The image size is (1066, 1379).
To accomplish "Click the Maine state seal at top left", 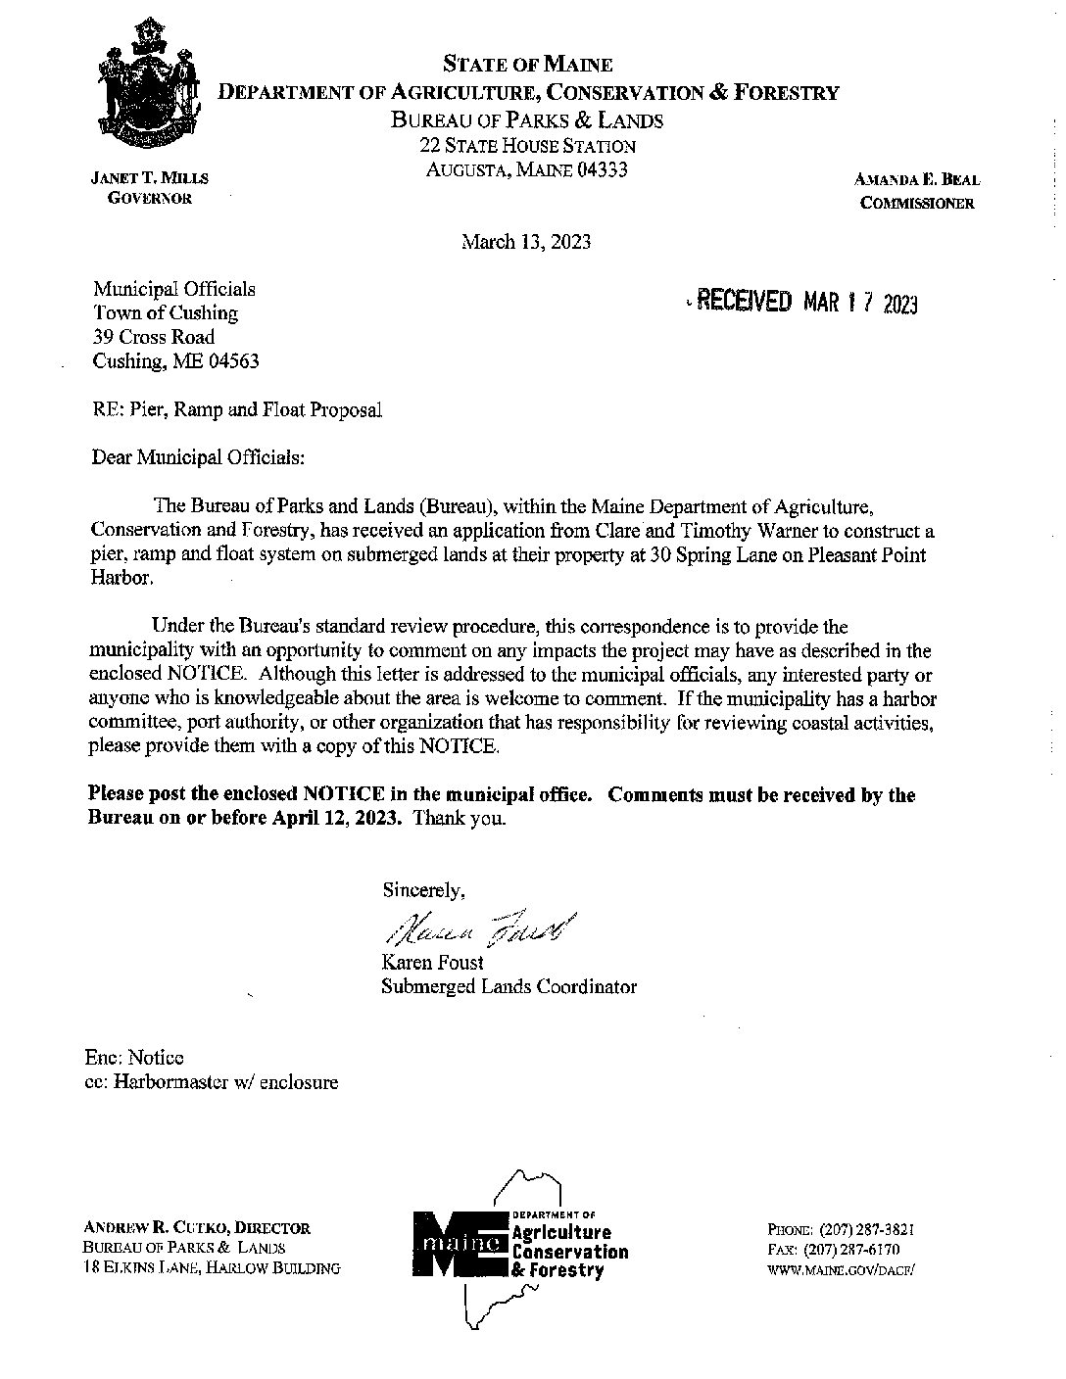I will (x=148, y=83).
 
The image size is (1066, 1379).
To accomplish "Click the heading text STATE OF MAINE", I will (x=527, y=65).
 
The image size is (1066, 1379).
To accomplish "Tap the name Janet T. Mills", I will (x=149, y=178).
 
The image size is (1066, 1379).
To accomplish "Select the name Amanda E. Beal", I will (x=917, y=180).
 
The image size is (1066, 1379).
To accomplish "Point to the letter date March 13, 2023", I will (x=526, y=242).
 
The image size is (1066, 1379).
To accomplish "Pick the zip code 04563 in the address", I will (x=230, y=361).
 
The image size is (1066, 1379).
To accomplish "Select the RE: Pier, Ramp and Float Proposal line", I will (x=236, y=410).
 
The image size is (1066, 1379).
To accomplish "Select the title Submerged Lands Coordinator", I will (x=509, y=986).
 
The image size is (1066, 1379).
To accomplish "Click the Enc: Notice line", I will (x=134, y=1058).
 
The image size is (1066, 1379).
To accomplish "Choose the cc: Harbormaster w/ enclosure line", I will (x=212, y=1082).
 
